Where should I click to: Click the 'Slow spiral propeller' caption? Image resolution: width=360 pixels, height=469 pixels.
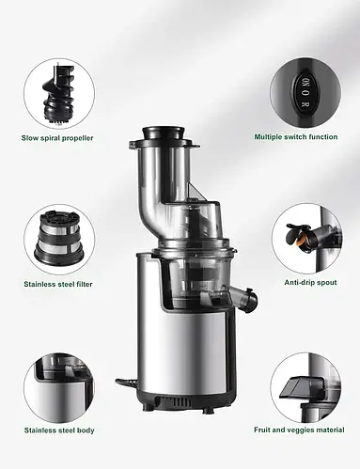pos(57,138)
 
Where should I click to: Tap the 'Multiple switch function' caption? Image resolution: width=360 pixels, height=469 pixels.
pos(296,137)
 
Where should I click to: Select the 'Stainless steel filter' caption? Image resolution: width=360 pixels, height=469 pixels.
pos(58,284)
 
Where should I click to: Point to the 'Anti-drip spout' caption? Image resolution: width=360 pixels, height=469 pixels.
pos(310,282)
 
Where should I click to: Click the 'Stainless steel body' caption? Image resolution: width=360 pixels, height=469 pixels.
pos(59,430)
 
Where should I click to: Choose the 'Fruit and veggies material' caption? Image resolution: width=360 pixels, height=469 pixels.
pos(299,430)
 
